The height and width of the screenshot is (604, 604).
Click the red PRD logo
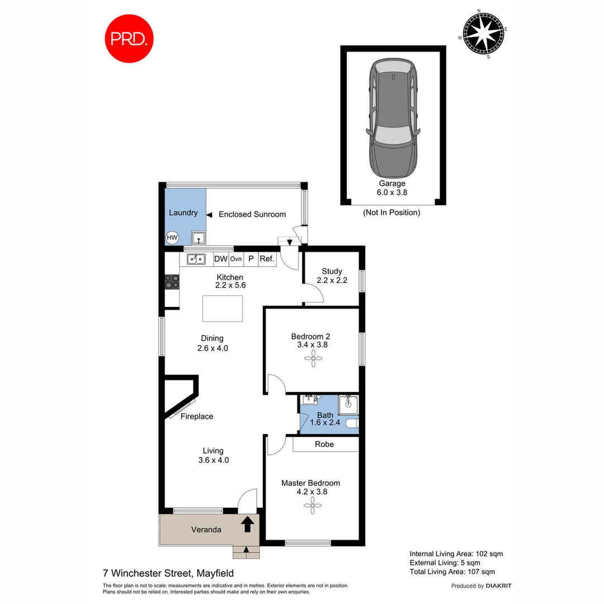click(x=130, y=39)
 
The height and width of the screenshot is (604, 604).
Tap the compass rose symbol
click(x=482, y=34)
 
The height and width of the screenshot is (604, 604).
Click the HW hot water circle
click(x=172, y=238)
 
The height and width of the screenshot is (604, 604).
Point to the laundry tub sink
click(x=199, y=238)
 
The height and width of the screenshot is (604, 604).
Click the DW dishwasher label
click(x=220, y=259)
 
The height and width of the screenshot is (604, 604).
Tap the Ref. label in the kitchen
click(x=266, y=259)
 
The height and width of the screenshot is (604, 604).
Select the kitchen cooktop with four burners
click(x=172, y=281)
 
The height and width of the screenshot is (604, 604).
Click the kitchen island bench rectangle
click(x=223, y=308)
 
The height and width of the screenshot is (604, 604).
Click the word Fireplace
click(x=196, y=417)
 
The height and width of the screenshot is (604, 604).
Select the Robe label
click(x=324, y=444)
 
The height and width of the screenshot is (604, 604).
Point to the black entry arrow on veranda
click(x=247, y=525)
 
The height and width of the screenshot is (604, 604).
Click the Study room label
click(x=332, y=271)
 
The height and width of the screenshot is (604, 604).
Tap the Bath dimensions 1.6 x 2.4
click(x=325, y=424)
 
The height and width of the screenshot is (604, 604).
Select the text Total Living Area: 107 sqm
click(x=452, y=572)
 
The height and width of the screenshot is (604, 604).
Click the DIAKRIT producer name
click(x=498, y=586)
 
